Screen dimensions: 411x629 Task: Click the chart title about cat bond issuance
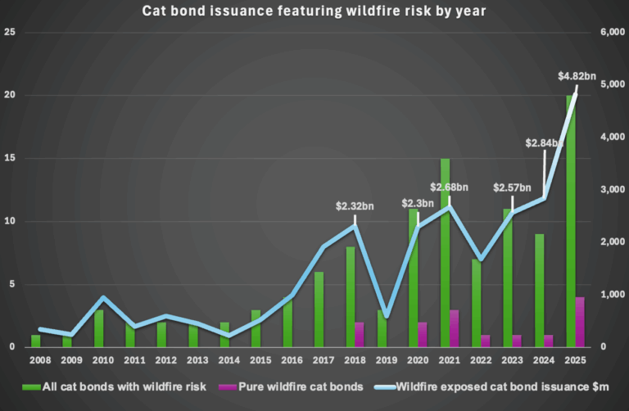click(314, 11)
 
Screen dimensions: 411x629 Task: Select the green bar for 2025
click(570, 221)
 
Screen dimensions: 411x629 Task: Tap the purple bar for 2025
click(581, 322)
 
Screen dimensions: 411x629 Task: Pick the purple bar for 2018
click(359, 334)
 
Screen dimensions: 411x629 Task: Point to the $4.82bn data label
click(577, 76)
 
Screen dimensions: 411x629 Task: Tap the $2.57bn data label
click(514, 187)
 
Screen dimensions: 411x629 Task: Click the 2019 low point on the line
click(387, 316)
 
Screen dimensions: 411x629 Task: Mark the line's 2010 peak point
click(102, 298)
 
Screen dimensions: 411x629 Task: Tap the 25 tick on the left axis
click(11, 32)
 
